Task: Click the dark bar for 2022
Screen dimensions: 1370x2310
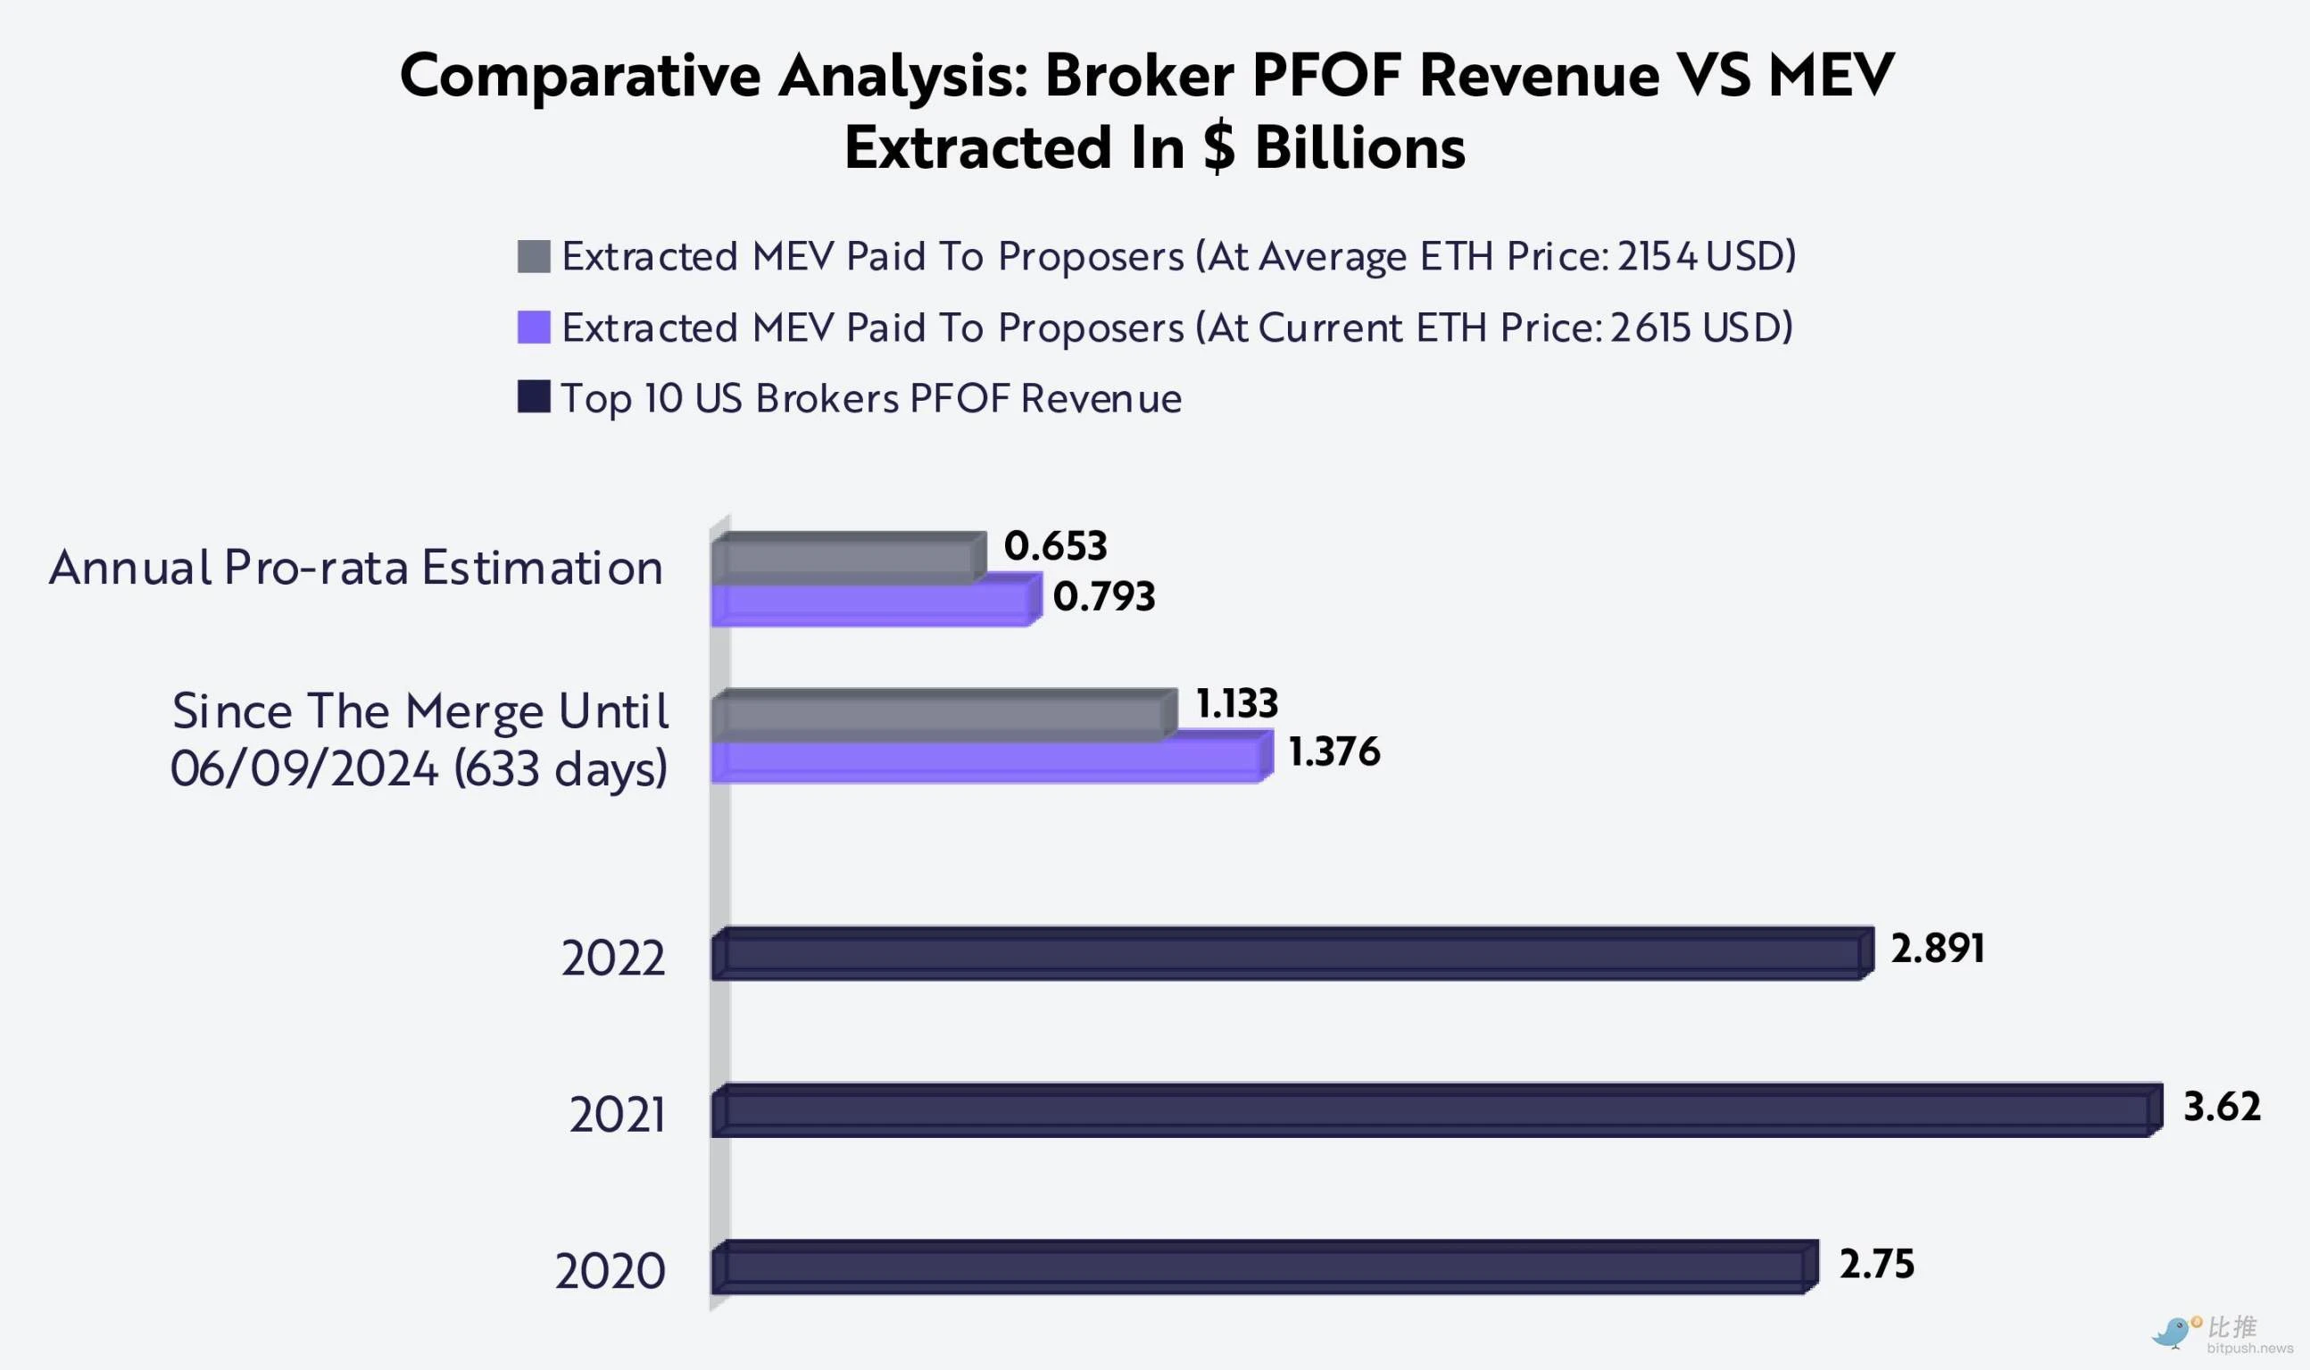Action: (x=1292, y=954)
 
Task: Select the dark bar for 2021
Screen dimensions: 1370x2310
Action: (x=1436, y=1110)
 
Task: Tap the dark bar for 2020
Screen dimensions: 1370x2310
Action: (x=1265, y=1267)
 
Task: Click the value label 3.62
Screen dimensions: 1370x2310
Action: (x=2221, y=1106)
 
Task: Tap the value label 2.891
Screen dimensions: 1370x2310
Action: (x=1937, y=948)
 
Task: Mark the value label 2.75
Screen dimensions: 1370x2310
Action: (x=1876, y=1264)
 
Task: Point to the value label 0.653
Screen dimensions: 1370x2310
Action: (x=1055, y=545)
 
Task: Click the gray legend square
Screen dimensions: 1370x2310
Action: (x=534, y=257)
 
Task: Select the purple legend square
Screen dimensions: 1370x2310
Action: (x=534, y=327)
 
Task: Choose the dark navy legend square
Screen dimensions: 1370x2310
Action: (x=534, y=397)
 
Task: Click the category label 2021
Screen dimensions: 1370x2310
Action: (x=617, y=1114)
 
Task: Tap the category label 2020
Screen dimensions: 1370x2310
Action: (x=611, y=1271)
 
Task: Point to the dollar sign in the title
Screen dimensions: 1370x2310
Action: (x=1218, y=147)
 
